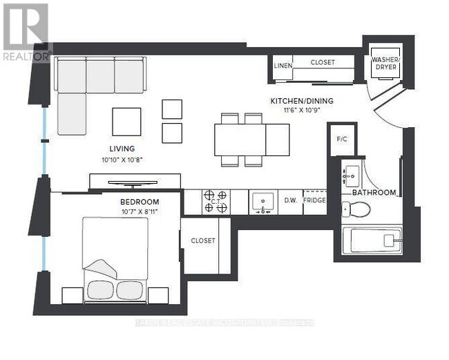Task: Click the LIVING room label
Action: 122,149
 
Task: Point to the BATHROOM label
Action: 374,192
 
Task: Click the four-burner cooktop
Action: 216,202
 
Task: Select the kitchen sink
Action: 262,202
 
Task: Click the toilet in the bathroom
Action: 357,209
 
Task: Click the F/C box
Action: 341,138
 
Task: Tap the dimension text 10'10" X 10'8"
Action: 122,160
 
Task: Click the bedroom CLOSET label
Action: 202,241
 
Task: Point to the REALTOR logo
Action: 26,31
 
